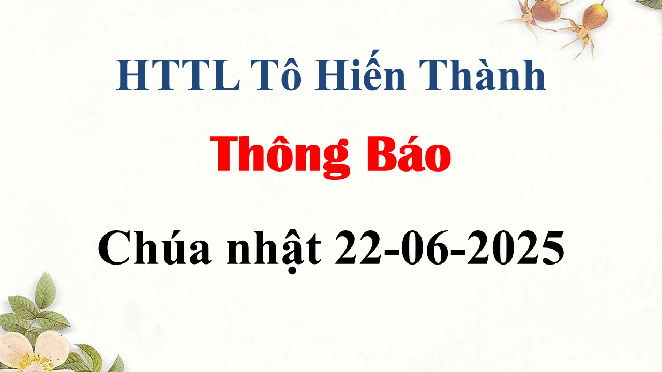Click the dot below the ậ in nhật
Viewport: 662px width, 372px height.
pyautogui.click(x=292, y=271)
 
